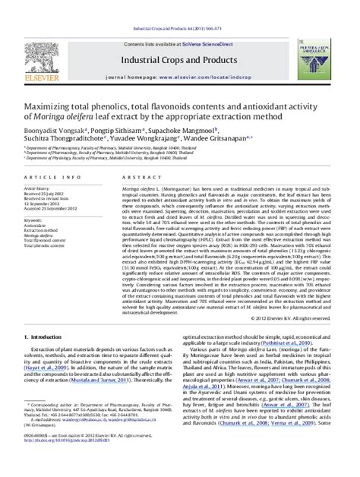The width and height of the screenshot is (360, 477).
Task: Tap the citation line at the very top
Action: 180,7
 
